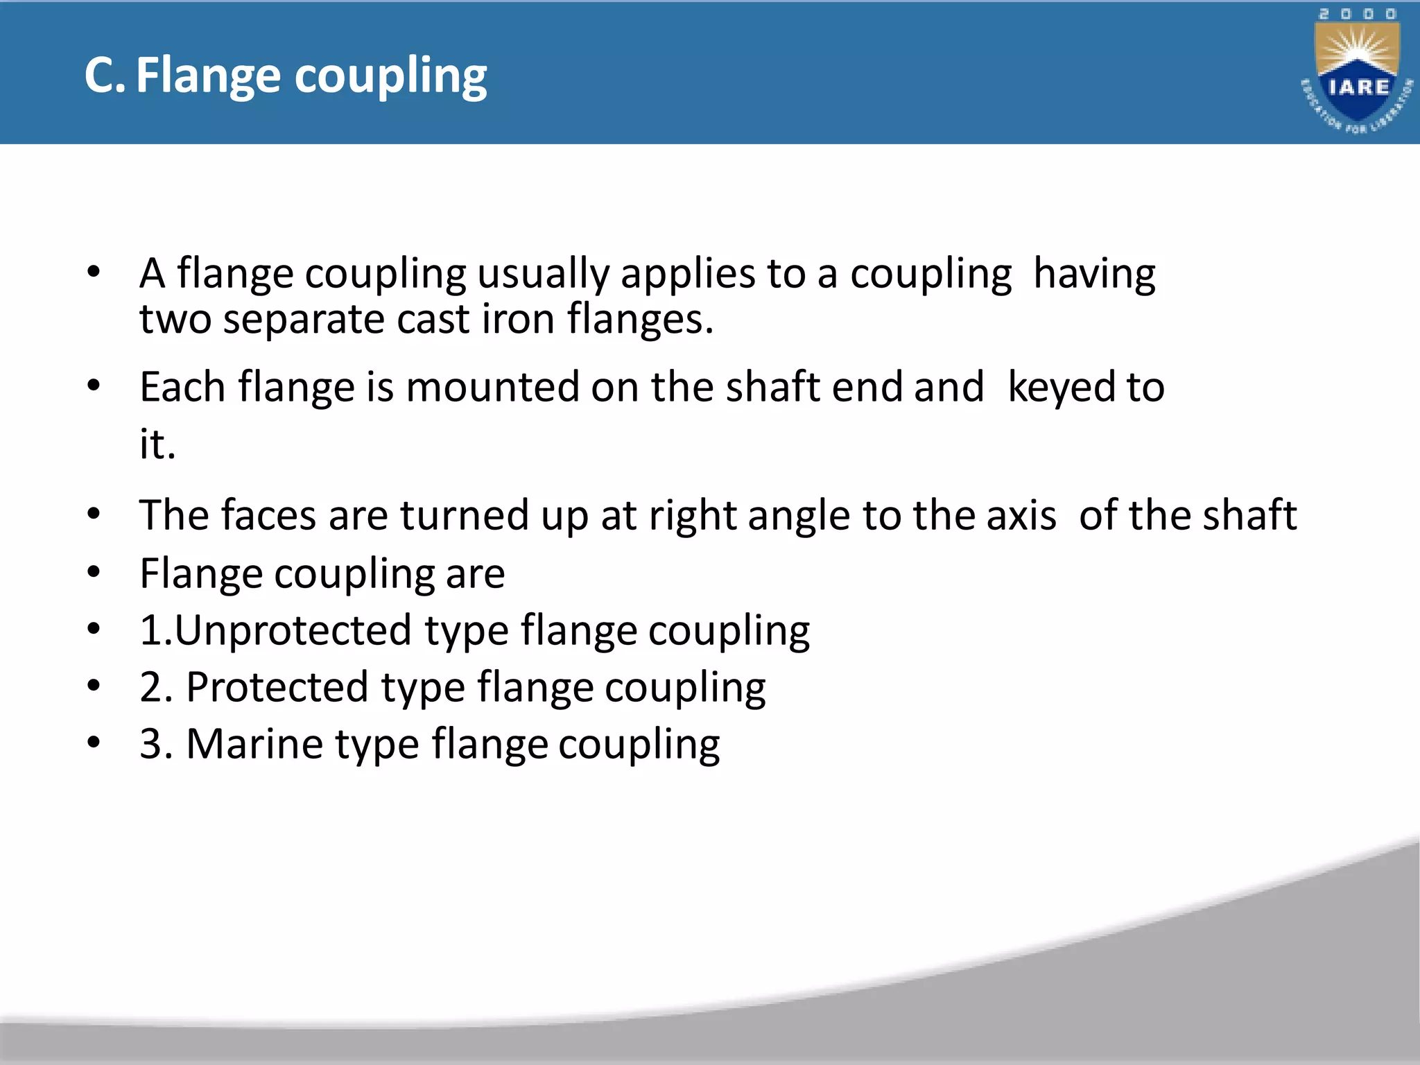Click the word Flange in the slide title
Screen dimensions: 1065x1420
point(208,76)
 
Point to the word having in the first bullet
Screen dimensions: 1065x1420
point(1094,274)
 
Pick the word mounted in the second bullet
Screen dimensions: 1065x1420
point(492,387)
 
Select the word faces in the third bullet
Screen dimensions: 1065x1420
point(269,515)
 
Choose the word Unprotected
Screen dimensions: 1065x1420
point(293,630)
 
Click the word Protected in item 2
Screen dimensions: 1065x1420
point(277,688)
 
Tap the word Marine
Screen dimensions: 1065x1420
point(254,744)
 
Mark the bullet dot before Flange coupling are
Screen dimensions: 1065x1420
point(94,573)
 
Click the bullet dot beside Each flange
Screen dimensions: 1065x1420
point(94,386)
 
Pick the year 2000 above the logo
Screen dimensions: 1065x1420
point(1357,14)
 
